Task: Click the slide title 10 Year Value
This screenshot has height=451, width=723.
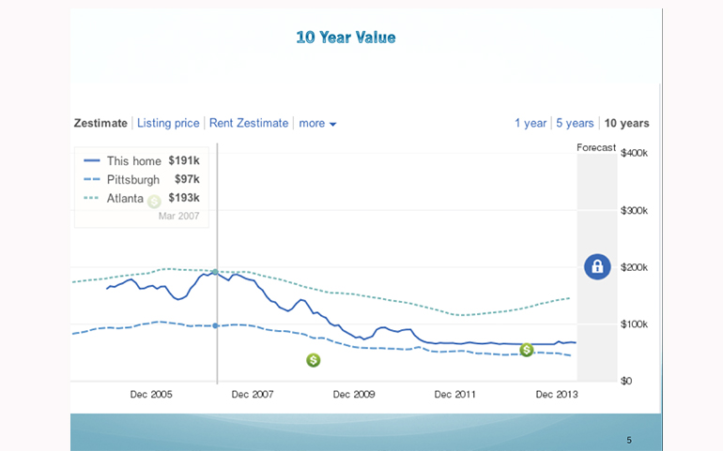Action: (x=346, y=38)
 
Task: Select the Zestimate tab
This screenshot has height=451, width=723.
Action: (x=100, y=123)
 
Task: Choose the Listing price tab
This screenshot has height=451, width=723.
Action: (x=168, y=123)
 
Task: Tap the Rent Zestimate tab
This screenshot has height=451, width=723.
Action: (x=249, y=123)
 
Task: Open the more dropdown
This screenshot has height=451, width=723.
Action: (x=317, y=123)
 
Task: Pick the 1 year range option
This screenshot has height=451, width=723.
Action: (x=531, y=123)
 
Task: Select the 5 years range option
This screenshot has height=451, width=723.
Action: (x=575, y=123)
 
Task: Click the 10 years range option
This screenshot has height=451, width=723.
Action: (x=626, y=123)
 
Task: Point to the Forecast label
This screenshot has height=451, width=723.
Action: (x=596, y=147)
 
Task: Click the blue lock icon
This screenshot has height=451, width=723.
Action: (x=597, y=266)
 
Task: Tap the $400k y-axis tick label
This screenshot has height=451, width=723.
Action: (x=635, y=153)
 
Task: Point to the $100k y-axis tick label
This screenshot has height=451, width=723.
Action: (x=635, y=324)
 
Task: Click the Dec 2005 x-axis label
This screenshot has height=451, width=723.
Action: (x=151, y=395)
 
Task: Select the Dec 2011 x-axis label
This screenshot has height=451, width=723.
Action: (x=455, y=395)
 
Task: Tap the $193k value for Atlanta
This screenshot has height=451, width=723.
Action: (x=184, y=198)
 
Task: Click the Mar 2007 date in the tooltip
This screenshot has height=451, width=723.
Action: (x=178, y=216)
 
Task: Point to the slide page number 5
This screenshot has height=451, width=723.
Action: (x=629, y=439)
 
